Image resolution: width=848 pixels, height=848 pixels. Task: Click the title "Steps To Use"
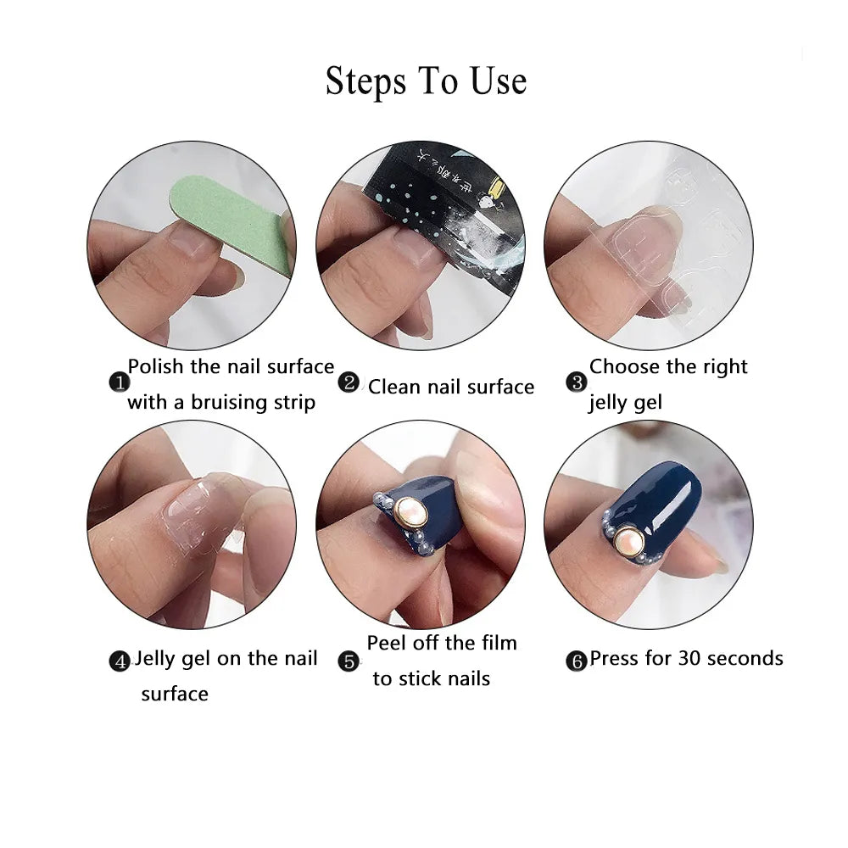[426, 81]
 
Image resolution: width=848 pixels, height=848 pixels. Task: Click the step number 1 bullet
[119, 383]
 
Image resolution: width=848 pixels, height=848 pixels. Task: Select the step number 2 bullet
[349, 382]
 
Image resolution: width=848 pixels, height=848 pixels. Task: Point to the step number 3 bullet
[577, 382]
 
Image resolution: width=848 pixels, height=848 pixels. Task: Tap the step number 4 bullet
[120, 661]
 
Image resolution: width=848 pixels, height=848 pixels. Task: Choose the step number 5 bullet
[349, 661]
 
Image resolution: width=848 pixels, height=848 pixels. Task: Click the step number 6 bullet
[577, 661]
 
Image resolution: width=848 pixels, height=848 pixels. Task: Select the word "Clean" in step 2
[393, 388]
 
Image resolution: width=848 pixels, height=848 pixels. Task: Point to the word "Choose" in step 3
[624, 367]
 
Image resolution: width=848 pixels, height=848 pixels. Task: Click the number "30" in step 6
[689, 659]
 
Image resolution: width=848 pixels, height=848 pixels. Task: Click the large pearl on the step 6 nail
[629, 538]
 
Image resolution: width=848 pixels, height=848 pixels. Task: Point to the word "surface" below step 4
[175, 695]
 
